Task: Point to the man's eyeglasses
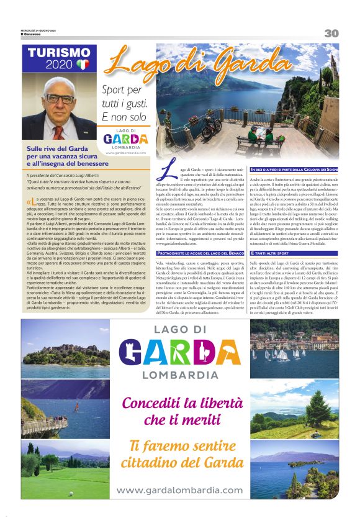(60, 99)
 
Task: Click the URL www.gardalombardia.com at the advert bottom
(179, 490)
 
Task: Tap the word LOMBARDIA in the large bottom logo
(179, 375)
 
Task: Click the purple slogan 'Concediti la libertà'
(179, 403)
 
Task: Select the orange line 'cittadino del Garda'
(180, 462)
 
